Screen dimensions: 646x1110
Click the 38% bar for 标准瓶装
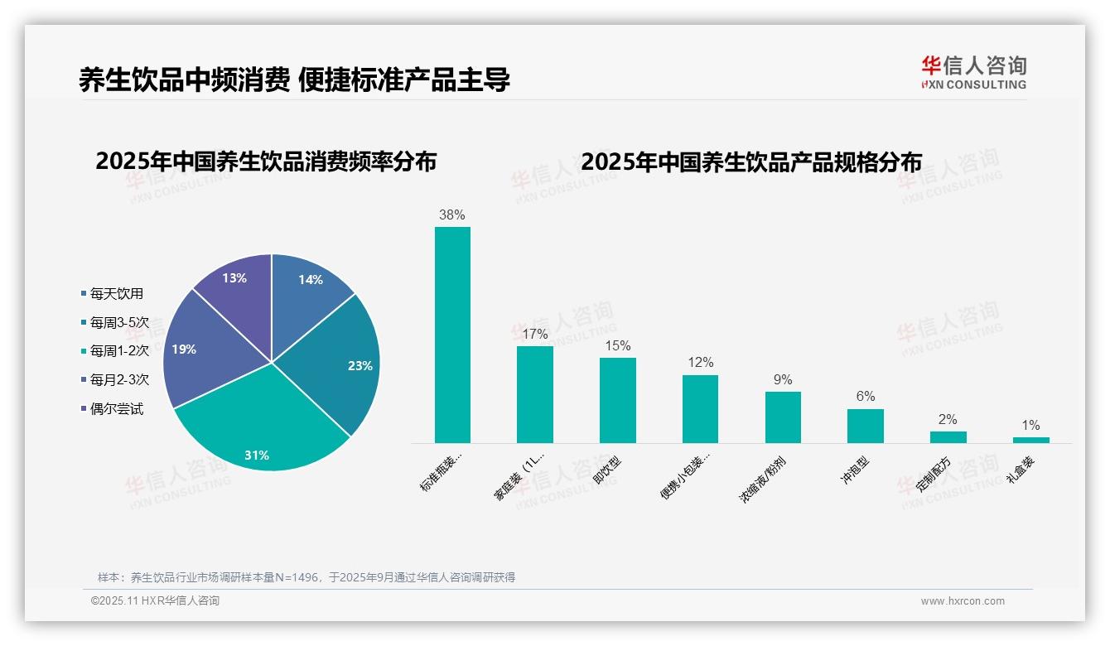tap(452, 335)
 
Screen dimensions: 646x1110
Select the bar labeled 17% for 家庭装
tap(535, 394)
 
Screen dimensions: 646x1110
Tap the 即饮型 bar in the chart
tap(618, 400)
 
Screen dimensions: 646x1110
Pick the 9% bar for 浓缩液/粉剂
tap(783, 417)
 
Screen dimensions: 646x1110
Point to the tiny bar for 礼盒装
tap(1030, 440)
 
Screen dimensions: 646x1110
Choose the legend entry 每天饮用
tap(116, 293)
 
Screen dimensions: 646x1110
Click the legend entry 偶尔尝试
tap(116, 409)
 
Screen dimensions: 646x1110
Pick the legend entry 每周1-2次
tap(119, 351)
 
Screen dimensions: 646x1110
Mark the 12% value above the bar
tap(700, 363)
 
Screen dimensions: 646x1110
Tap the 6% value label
tap(866, 397)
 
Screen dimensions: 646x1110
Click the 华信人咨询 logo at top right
tap(974, 72)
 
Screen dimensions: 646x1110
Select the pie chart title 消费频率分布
tap(266, 161)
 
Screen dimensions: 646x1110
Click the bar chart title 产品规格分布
tap(750, 162)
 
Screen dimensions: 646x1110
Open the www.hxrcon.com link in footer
tap(963, 601)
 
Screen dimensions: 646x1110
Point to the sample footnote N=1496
tap(306, 577)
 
